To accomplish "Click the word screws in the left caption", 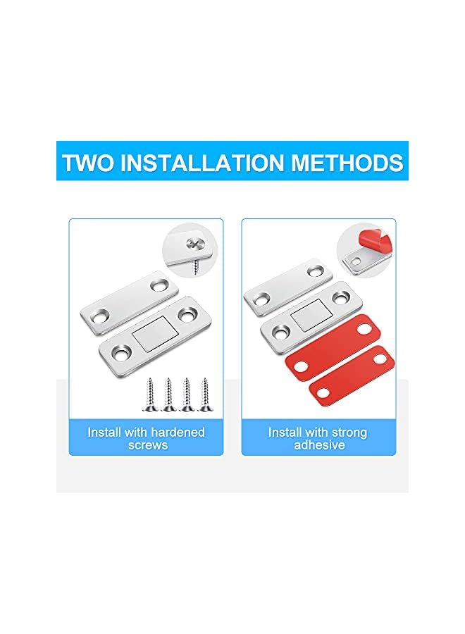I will pyautogui.click(x=147, y=445).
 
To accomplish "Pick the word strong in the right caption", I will pyautogui.click(x=345, y=432).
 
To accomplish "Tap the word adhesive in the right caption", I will pyautogui.click(x=318, y=445).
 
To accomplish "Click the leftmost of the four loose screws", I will pyautogui.click(x=151, y=394).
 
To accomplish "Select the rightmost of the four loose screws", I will pyautogui.click(x=206, y=394).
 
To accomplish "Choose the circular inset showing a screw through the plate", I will pyautogui.click(x=192, y=249).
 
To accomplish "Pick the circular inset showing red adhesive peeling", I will pyautogui.click(x=365, y=249).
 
